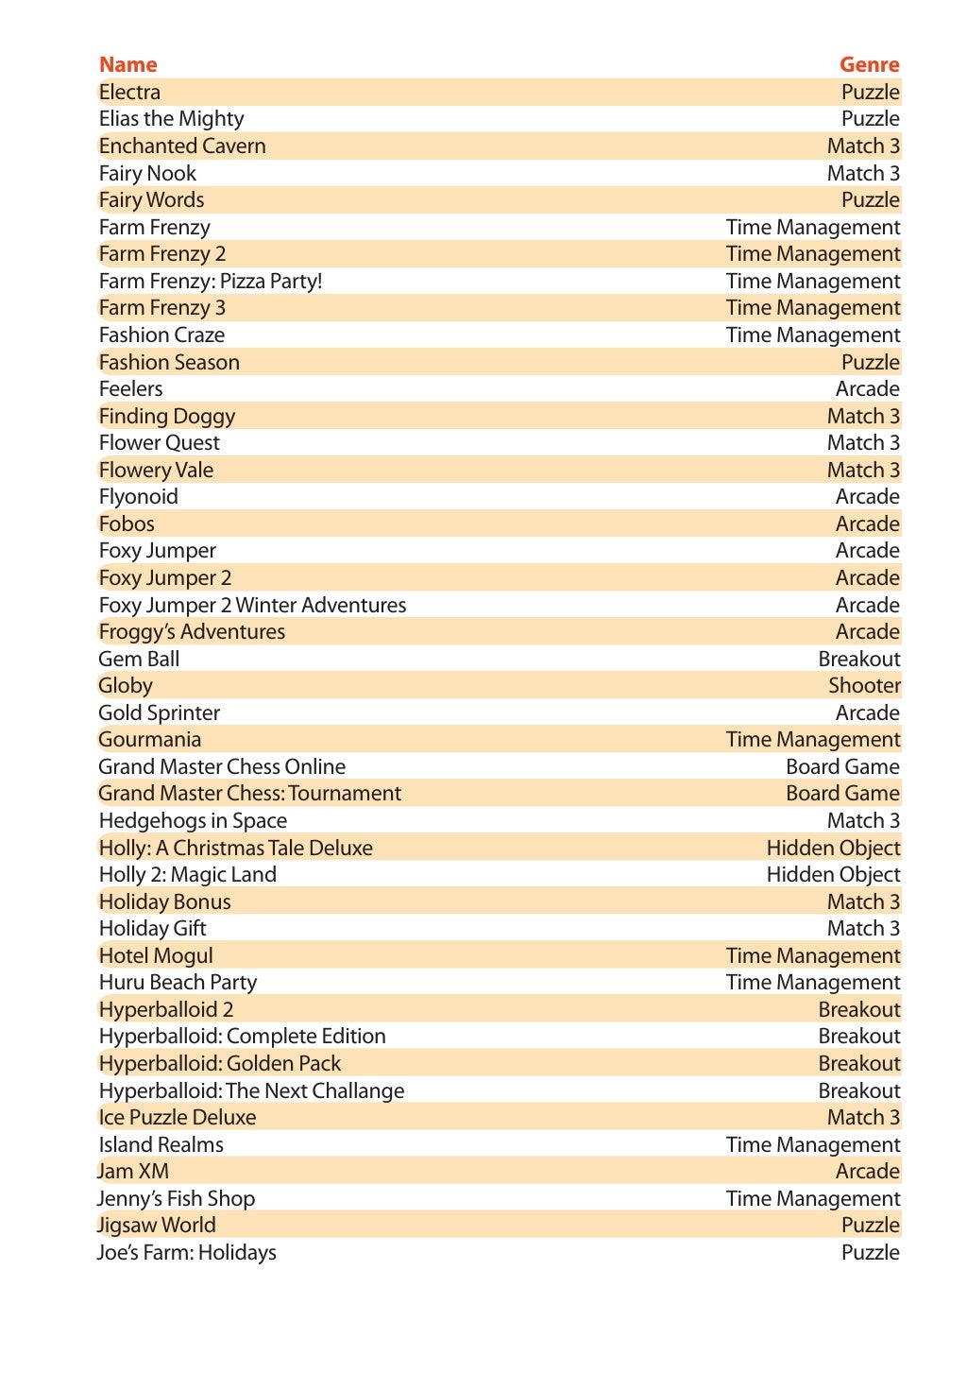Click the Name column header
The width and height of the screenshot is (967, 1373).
(x=127, y=65)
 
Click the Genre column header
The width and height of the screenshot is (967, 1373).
(x=869, y=65)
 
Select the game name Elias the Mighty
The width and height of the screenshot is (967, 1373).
(x=171, y=119)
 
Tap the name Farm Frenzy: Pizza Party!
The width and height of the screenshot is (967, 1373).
(x=211, y=282)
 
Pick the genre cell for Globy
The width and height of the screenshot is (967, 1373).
(x=864, y=686)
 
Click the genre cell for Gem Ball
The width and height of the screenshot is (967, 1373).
(x=858, y=660)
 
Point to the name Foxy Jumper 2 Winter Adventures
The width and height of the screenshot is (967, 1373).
(x=252, y=606)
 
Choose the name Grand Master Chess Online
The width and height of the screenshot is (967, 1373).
(x=222, y=767)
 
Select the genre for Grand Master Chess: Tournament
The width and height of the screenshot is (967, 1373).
(x=842, y=794)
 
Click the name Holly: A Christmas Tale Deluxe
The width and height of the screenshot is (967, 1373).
(x=235, y=848)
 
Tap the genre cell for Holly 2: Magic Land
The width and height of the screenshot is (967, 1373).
(x=833, y=875)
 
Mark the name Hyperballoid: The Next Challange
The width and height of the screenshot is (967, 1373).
(x=251, y=1091)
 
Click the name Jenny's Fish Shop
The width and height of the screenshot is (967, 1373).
(x=177, y=1199)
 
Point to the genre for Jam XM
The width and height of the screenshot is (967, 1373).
(x=867, y=1172)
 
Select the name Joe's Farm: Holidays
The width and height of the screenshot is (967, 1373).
(x=187, y=1253)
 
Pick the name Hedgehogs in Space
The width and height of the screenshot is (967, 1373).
(x=193, y=821)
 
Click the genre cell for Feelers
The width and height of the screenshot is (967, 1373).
(x=867, y=389)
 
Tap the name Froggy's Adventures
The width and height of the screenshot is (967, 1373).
(x=192, y=632)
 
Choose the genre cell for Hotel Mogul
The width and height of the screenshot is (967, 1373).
(x=812, y=956)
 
